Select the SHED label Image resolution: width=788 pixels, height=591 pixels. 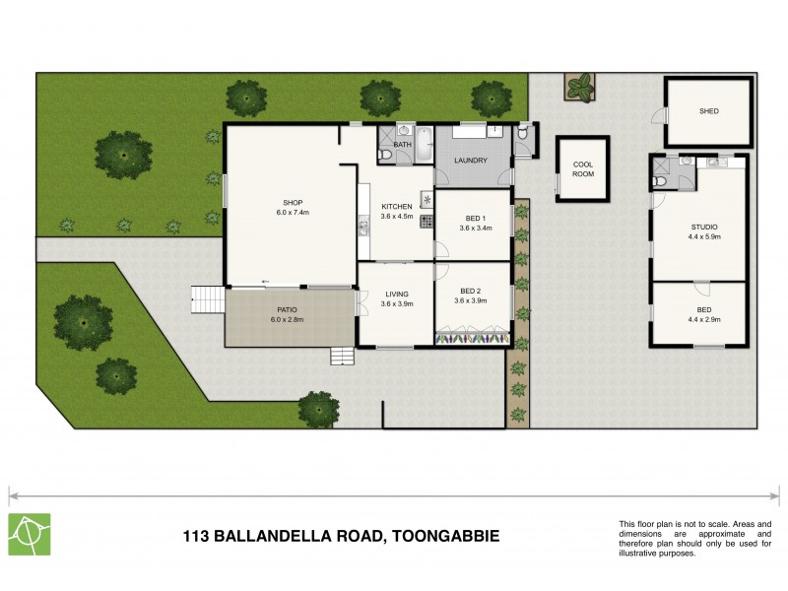click(x=708, y=111)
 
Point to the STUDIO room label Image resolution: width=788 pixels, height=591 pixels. click(x=703, y=227)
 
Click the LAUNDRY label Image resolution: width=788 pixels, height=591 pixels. click(x=471, y=160)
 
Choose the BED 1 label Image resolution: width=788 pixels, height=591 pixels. click(x=474, y=218)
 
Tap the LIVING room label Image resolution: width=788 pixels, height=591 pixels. click(x=397, y=293)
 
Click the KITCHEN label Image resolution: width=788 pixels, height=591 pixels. click(x=396, y=206)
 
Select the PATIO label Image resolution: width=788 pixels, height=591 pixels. click(x=289, y=309)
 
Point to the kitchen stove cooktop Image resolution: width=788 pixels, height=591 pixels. click(x=427, y=221)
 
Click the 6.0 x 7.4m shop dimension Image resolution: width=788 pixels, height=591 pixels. click(x=293, y=213)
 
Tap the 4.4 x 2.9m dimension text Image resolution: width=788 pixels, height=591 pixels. click(x=703, y=319)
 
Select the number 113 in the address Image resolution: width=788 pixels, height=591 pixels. click(x=197, y=537)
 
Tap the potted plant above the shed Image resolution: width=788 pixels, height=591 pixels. click(x=581, y=87)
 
